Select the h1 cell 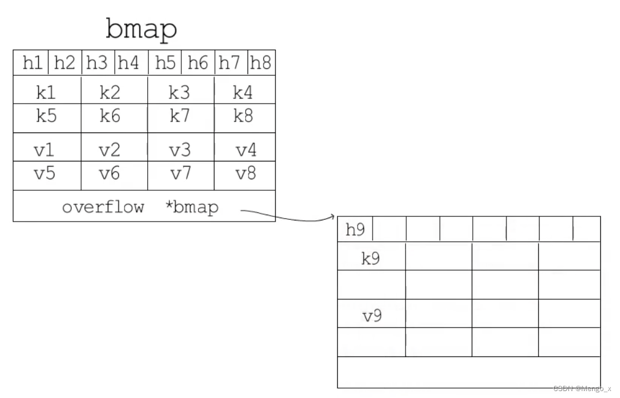[31, 62]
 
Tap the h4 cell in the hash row [132, 62]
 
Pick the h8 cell [261, 62]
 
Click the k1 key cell [47, 90]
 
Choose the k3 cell [181, 90]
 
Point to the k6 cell [114, 118]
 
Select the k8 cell [245, 118]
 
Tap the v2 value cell [114, 147]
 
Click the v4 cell [245, 147]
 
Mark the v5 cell [47, 176]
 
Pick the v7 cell [181, 176]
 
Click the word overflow [103, 207]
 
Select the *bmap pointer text [192, 207]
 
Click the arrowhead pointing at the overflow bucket [333, 216]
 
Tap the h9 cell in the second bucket [355, 229]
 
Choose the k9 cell [371, 256]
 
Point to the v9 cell [371, 314]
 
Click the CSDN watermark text [582, 389]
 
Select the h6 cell [198, 62]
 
